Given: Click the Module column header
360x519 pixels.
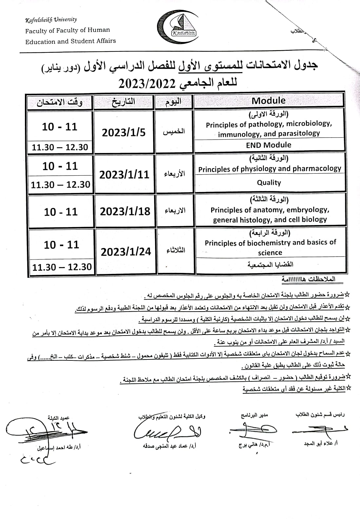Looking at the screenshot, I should click(x=269, y=101).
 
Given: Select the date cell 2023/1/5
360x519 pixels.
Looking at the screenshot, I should click(x=124, y=132).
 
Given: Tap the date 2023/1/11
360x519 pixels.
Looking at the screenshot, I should click(x=124, y=174).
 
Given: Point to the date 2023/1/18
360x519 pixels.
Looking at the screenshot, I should click(x=125, y=211).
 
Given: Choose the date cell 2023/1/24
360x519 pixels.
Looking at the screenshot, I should click(x=126, y=252).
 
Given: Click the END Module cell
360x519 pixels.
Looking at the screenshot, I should click(x=269, y=145).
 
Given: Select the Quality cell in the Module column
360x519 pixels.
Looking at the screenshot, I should click(x=269, y=183).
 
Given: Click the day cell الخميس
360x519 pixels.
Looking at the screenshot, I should click(x=174, y=132).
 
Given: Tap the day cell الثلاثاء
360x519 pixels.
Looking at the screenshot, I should click(x=176, y=251).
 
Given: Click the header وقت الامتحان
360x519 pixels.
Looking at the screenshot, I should click(x=60, y=102).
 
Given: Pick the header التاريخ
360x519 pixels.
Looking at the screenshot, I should click(x=124, y=102).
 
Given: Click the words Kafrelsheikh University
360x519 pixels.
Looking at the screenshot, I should click(x=51, y=20).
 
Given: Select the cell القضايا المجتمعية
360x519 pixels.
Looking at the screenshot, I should click(x=270, y=265).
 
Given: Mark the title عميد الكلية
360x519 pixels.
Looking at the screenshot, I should click(x=58, y=418).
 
